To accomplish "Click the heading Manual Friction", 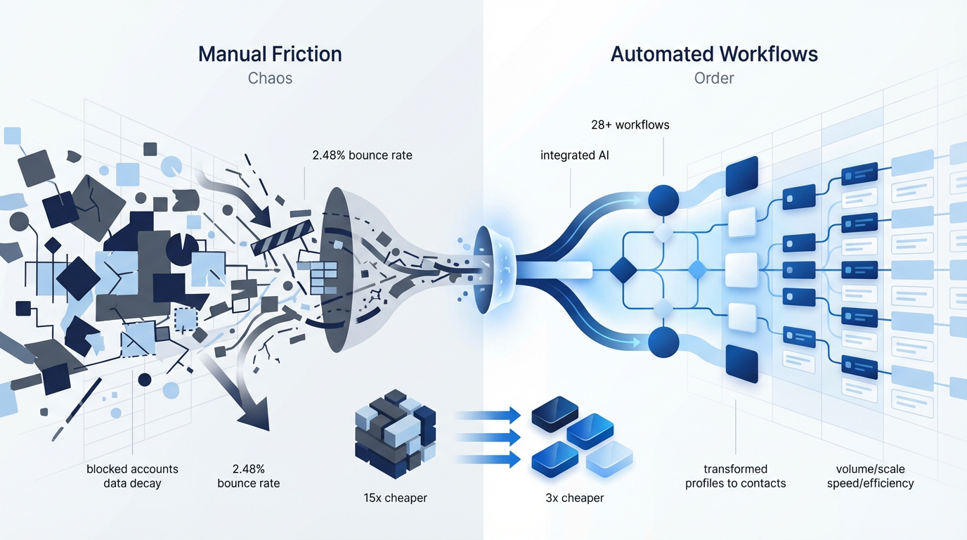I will coord(270,54).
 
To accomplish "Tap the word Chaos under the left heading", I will coord(270,78).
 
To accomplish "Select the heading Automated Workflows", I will coord(714,54).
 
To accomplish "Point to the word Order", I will coord(714,78).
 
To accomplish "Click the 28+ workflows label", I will coord(630,125).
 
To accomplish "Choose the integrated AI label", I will coord(574,155).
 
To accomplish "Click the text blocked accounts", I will coord(132,469).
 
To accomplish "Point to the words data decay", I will coord(132,483).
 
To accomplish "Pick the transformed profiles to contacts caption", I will coord(735,476).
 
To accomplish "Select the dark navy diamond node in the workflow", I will coord(622,269).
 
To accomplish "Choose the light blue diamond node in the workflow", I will coord(697,269).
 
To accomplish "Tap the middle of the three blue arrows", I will coord(490,437).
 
